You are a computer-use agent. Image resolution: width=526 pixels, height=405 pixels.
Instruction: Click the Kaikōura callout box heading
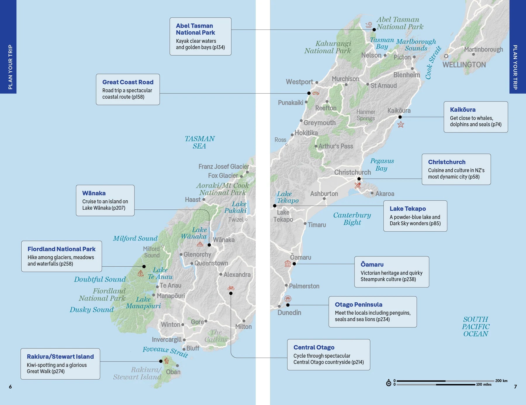463,110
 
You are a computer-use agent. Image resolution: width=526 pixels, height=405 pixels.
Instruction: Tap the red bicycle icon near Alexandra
231,288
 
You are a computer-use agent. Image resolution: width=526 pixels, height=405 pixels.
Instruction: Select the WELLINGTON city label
464,65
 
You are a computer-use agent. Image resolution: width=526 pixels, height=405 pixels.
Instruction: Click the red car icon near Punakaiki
316,93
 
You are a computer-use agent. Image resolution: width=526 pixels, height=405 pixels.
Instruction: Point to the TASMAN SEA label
200,142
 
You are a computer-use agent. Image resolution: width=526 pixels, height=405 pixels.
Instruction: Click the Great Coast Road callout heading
128,82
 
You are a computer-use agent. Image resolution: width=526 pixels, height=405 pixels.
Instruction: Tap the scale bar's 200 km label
501,381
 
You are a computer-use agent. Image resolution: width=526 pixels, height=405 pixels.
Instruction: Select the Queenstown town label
211,263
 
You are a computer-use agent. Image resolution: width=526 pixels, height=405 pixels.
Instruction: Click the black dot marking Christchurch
359,179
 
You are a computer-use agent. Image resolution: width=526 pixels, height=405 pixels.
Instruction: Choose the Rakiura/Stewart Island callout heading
60,356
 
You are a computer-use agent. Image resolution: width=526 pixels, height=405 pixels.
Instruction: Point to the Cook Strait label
433,63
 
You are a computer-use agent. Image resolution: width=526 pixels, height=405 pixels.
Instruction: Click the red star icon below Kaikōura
401,125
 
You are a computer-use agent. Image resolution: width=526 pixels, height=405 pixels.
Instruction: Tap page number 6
10,387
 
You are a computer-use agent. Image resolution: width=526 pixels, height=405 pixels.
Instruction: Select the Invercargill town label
167,339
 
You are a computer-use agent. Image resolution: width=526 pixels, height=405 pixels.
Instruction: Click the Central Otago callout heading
314,347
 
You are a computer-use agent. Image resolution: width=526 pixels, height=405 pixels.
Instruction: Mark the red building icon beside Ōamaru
288,263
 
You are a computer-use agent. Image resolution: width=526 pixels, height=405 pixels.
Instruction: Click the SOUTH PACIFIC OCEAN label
475,326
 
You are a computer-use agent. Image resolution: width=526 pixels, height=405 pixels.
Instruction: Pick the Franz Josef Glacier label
224,166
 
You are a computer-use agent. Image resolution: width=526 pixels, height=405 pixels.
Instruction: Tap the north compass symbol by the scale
389,383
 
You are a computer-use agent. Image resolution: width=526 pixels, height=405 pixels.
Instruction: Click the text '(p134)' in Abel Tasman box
218,47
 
